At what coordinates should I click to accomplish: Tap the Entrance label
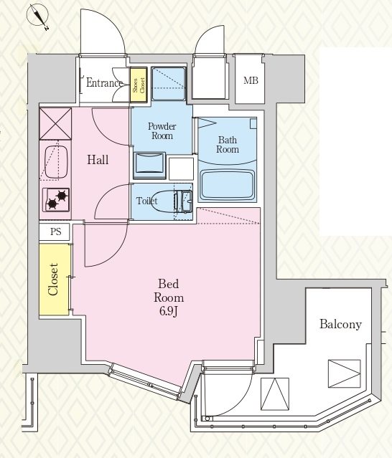pos(104,83)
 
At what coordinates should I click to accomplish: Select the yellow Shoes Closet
pos(139,85)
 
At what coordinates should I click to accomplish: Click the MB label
pos(251,80)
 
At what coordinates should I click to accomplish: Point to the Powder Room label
pos(162,131)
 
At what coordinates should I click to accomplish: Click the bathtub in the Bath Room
pos(228,185)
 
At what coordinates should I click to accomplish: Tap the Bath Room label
pos(228,145)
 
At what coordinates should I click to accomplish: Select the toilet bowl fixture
pos(163,201)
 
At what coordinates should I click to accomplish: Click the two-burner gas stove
pos(56,200)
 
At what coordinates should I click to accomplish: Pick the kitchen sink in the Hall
pos(56,161)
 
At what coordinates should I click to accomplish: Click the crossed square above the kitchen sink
pos(55,123)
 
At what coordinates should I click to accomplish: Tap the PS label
pos(55,232)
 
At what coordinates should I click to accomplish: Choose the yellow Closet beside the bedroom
pos(55,280)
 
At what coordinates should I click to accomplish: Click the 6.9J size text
pos(169,312)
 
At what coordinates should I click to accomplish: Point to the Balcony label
pos(340,324)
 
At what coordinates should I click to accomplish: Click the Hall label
pos(98,160)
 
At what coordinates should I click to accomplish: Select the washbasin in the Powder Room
pos(149,166)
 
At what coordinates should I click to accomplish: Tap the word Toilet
pos(147,201)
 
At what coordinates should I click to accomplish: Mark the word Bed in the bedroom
pos(169,284)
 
